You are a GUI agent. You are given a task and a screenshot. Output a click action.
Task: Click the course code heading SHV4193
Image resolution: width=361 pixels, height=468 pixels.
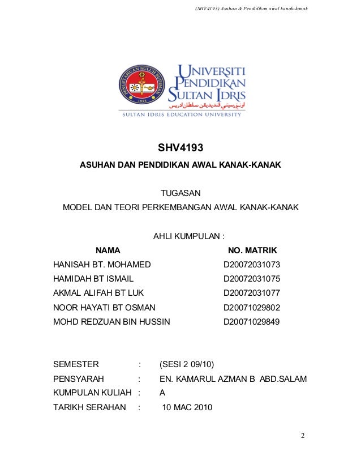pos(180,149)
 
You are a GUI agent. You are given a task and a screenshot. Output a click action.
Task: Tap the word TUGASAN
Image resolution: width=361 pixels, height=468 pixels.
pos(180,194)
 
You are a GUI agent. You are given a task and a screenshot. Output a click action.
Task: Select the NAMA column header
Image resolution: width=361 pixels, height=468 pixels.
pos(108,250)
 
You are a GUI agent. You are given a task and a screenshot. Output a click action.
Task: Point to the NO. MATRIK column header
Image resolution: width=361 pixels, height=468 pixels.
pos(252,250)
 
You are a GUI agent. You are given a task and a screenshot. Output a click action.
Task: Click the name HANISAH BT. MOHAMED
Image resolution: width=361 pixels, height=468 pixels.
pos(102,265)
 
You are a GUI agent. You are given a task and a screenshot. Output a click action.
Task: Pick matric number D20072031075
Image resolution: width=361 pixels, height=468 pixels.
pos(252,279)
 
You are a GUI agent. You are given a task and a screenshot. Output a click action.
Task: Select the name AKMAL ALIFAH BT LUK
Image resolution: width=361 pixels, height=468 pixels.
pos(98,293)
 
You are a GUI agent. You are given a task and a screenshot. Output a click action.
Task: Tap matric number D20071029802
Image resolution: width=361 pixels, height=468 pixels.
pos(252,308)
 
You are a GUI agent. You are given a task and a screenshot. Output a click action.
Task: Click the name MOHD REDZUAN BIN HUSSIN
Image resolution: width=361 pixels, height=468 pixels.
pos(111,322)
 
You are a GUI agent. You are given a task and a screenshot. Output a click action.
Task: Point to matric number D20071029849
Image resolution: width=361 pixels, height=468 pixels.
pos(252,322)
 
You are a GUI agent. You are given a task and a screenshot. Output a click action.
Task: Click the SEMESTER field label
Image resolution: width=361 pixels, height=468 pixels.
pos(76,364)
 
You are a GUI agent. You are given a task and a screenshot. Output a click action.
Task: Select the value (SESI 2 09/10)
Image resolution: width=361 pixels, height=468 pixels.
pos(187,364)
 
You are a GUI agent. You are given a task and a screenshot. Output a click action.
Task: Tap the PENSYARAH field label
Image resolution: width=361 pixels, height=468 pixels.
pos(79,378)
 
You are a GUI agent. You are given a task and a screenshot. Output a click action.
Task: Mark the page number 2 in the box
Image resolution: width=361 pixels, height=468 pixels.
pos(303,436)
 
